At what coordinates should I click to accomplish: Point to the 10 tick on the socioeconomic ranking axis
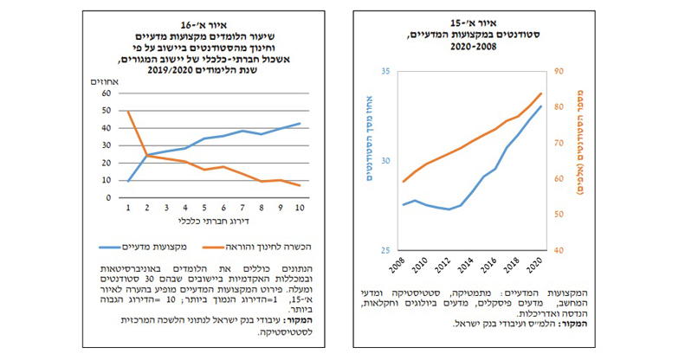pyautogui.click(x=301, y=209)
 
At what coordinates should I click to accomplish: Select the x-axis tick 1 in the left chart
pyautogui.click(x=128, y=209)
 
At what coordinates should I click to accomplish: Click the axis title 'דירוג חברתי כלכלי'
pyautogui.click(x=215, y=222)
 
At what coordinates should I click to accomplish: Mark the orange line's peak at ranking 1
pyautogui.click(x=128, y=111)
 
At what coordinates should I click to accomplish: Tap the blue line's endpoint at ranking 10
pyautogui.click(x=301, y=123)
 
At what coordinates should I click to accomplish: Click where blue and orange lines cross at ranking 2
pyautogui.click(x=146, y=155)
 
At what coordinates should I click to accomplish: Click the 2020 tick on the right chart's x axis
pyautogui.click(x=539, y=263)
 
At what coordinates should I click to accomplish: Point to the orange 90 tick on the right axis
pyautogui.click(x=559, y=72)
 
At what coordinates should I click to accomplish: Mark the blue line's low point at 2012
pyautogui.click(x=449, y=209)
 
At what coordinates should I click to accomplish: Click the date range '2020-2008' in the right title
pyautogui.click(x=467, y=48)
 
